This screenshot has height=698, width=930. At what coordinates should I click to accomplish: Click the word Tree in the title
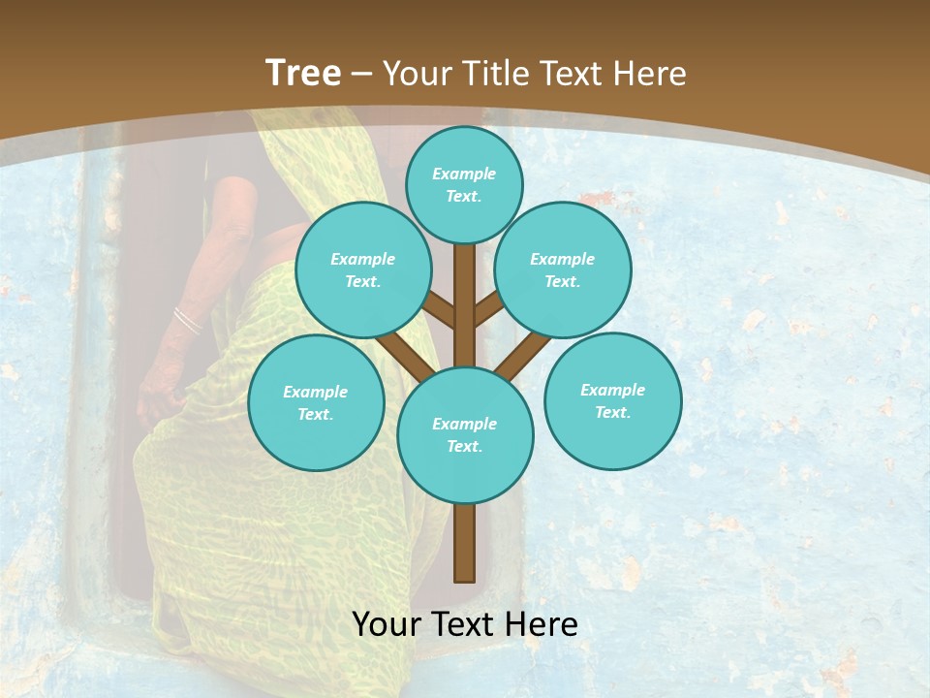coord(303,73)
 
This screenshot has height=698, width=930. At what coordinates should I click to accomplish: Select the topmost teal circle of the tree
coord(464,184)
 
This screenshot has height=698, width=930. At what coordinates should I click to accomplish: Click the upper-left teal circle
coord(363,270)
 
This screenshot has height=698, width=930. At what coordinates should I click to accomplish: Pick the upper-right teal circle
coord(563,270)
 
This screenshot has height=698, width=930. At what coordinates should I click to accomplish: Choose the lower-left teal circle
coord(316,402)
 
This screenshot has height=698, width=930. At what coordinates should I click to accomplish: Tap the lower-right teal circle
coord(613,400)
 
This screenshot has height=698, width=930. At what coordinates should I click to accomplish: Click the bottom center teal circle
coord(465,435)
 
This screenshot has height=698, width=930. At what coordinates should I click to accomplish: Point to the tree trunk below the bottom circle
coord(465,543)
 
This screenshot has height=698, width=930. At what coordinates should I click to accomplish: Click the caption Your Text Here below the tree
coord(465,624)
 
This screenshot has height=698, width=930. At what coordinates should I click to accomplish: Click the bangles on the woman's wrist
coord(186,320)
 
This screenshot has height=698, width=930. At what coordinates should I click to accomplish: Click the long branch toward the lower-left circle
coord(402,356)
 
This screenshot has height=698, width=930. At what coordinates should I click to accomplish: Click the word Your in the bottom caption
coord(386,624)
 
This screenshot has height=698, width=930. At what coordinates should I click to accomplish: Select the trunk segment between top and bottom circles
coord(465,305)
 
